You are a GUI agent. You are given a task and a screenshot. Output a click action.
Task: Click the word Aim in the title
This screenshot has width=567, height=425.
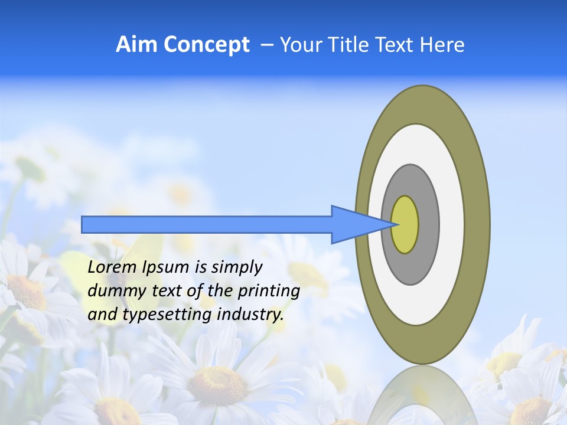[x=136, y=44]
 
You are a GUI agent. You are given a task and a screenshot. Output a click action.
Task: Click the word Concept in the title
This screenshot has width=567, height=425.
[x=206, y=44]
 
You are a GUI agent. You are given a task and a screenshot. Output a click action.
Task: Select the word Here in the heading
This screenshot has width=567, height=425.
[x=443, y=44]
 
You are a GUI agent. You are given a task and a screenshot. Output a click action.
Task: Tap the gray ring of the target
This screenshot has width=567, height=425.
[x=428, y=224]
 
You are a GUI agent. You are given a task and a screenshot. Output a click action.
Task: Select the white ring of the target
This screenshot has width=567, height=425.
[x=451, y=224]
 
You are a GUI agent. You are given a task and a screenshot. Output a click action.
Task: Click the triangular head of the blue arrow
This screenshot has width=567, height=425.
[x=354, y=224]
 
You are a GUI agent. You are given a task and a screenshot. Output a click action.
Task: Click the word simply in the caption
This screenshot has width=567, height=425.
[x=236, y=268]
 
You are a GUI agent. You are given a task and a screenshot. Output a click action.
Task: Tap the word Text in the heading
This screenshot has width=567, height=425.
[x=399, y=44]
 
